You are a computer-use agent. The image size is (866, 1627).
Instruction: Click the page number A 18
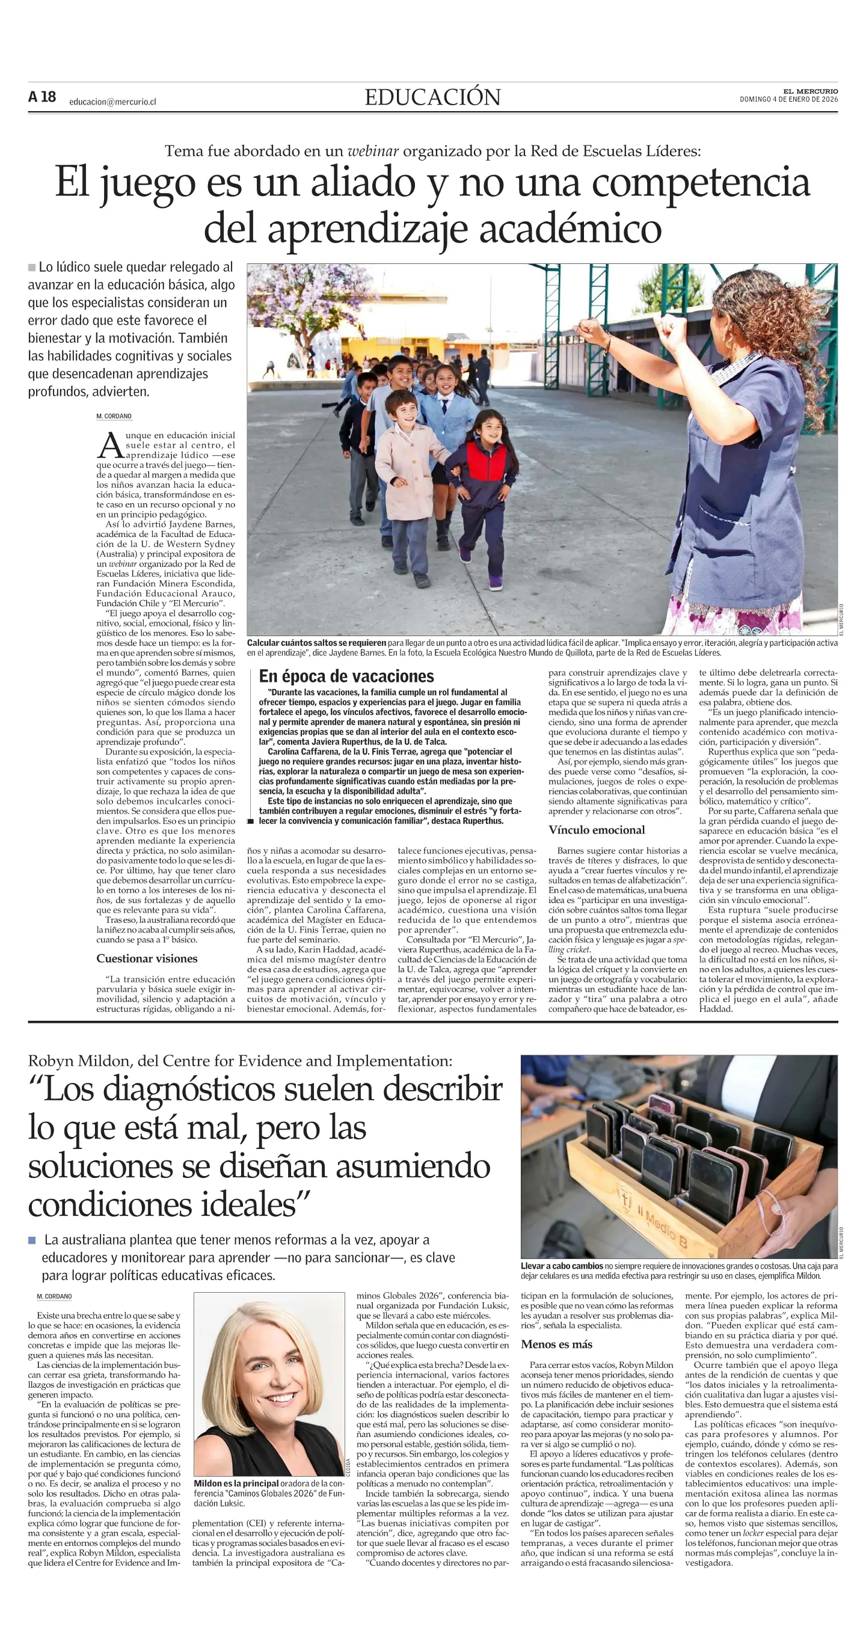point(41,97)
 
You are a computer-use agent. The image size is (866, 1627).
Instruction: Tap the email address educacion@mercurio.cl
point(112,102)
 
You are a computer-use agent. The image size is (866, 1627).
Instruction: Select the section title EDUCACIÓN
point(432,97)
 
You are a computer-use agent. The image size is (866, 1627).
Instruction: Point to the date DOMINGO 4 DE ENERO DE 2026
point(788,99)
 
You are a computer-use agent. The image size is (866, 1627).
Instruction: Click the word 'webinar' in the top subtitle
point(373,151)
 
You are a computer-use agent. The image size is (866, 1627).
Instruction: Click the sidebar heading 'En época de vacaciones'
point(346,676)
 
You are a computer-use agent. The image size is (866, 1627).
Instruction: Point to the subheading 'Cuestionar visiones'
point(147,958)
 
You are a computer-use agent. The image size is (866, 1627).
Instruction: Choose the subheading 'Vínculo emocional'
point(597,829)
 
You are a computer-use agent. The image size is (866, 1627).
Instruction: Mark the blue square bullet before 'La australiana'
point(32,1240)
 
